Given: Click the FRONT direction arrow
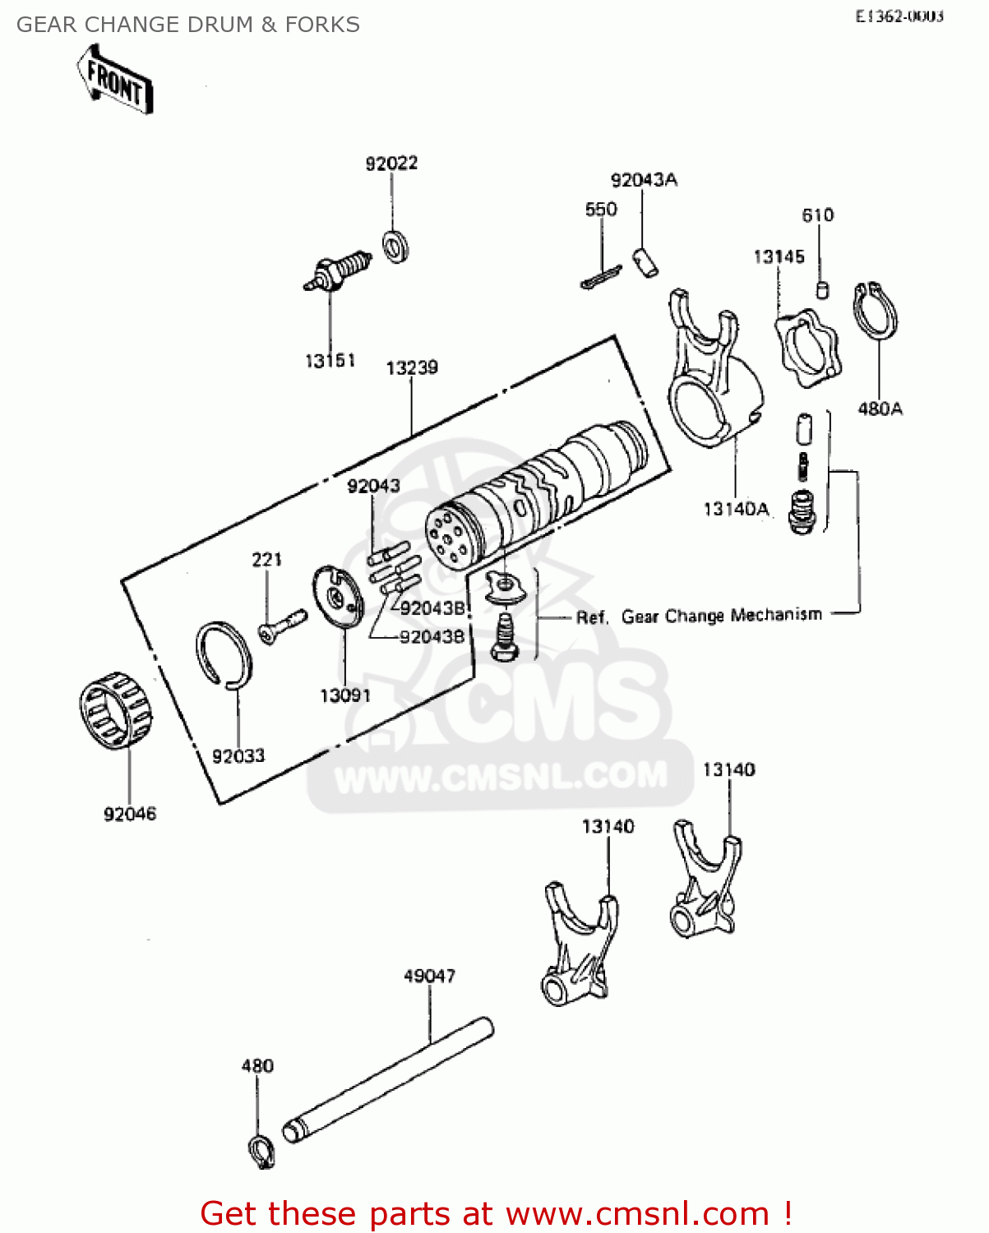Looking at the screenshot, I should (x=115, y=81).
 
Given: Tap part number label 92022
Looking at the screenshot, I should (x=391, y=164).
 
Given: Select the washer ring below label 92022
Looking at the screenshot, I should (x=397, y=246).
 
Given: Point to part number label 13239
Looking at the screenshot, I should (x=412, y=367).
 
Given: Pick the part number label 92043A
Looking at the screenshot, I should (x=644, y=180).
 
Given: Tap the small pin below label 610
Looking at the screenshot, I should (x=821, y=289).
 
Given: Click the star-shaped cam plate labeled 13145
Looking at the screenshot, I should (x=806, y=349).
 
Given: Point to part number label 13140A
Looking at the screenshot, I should (x=736, y=510).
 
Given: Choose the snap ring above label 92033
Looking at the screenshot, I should (x=224, y=654).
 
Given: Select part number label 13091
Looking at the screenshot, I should (x=345, y=695).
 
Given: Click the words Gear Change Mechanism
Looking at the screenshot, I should (x=721, y=616).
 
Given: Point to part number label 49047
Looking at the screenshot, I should (x=429, y=976).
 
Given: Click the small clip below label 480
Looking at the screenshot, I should (x=261, y=1151).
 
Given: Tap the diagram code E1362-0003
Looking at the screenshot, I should (x=899, y=16).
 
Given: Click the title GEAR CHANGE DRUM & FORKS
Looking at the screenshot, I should (x=188, y=25).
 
